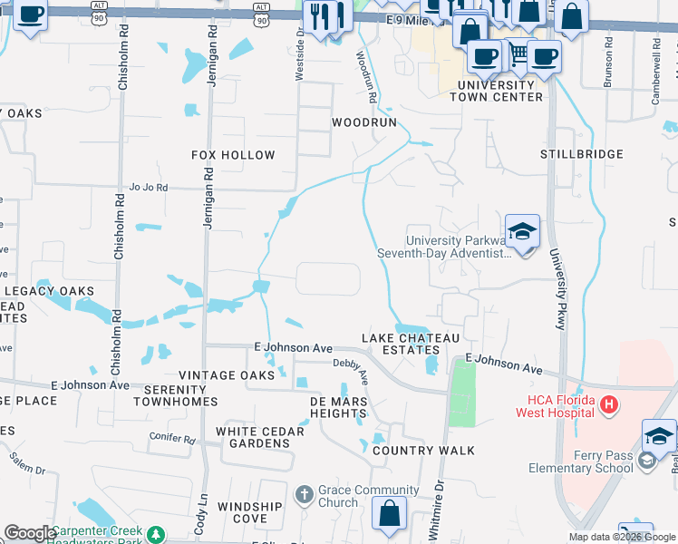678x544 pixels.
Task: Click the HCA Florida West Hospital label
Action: point(555,406)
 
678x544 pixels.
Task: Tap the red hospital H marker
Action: point(609,403)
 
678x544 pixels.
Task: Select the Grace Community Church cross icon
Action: point(304,495)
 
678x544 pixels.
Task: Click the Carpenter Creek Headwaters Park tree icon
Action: point(156,535)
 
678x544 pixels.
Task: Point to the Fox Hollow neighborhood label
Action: point(233,155)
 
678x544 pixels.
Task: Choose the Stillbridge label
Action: point(582,154)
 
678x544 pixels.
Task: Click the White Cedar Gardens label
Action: point(253,437)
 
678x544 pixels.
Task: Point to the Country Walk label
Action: point(423,451)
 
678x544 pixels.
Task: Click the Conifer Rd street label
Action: point(172,439)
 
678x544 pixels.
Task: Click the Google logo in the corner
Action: point(29,534)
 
